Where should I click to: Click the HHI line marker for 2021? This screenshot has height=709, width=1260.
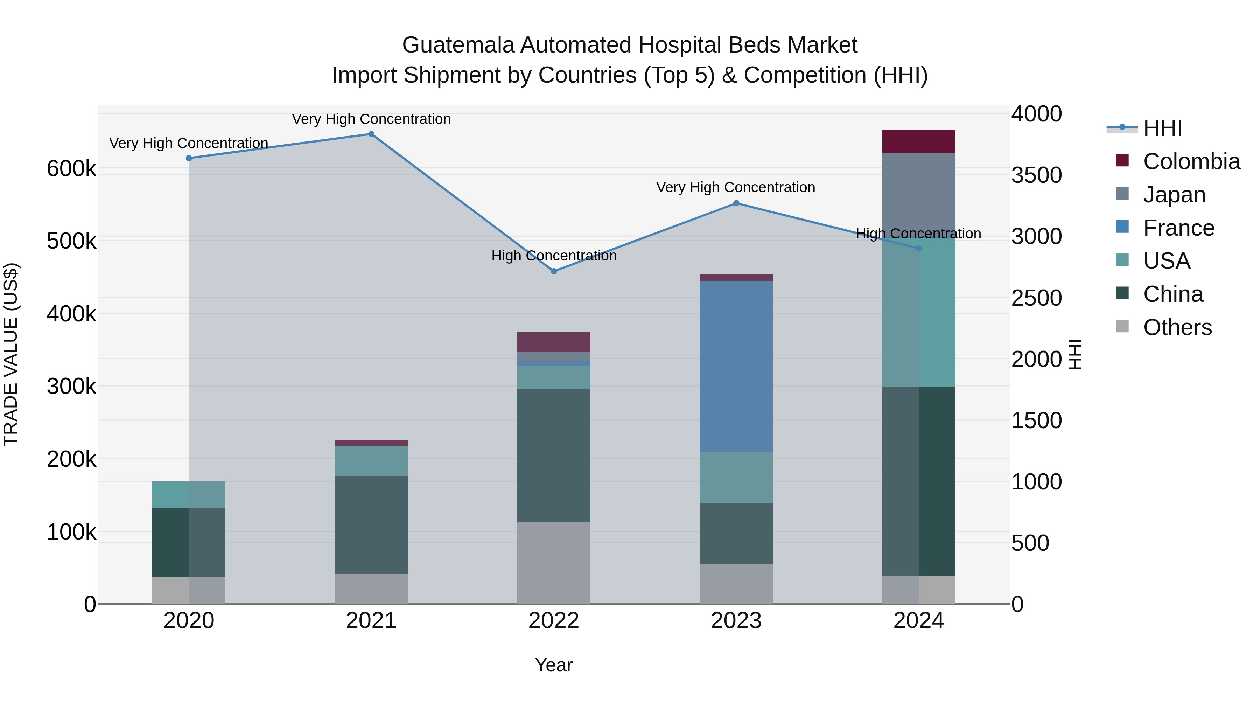(x=371, y=134)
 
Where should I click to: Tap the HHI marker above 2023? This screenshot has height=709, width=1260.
(x=736, y=203)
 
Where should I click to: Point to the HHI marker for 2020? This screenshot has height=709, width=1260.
(x=189, y=158)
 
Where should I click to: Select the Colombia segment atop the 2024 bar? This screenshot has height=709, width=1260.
(x=919, y=141)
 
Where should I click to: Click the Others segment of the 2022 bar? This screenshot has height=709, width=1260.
(x=554, y=563)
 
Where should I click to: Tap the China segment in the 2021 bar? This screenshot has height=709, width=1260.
(x=371, y=524)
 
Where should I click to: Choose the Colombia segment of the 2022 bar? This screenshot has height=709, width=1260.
(x=554, y=341)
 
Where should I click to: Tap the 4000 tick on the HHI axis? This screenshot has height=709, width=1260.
(x=1036, y=114)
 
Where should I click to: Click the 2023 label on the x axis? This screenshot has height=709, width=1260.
(x=736, y=621)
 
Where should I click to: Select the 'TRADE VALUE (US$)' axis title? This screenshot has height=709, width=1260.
(x=11, y=354)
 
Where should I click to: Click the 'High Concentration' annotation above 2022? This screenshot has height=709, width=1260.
(x=554, y=256)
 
